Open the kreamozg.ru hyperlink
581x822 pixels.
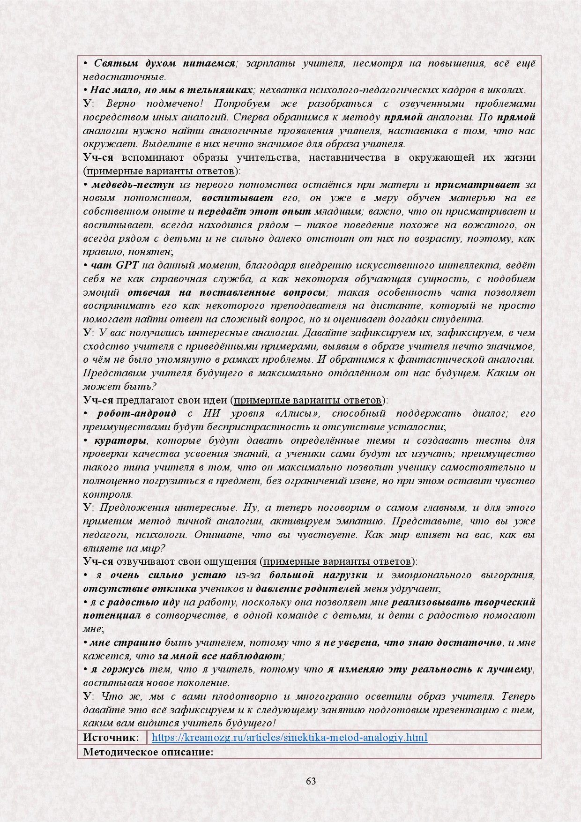tap(290, 737)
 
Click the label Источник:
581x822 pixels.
tap(111, 737)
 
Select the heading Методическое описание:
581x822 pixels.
tap(149, 752)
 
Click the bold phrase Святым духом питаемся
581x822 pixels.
tap(164, 63)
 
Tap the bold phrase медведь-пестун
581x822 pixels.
tap(133, 185)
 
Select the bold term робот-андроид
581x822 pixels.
tap(137, 413)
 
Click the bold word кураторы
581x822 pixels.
tap(120, 441)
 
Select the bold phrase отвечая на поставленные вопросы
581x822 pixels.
tap(227, 292)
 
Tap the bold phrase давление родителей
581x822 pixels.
tap(308, 589)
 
